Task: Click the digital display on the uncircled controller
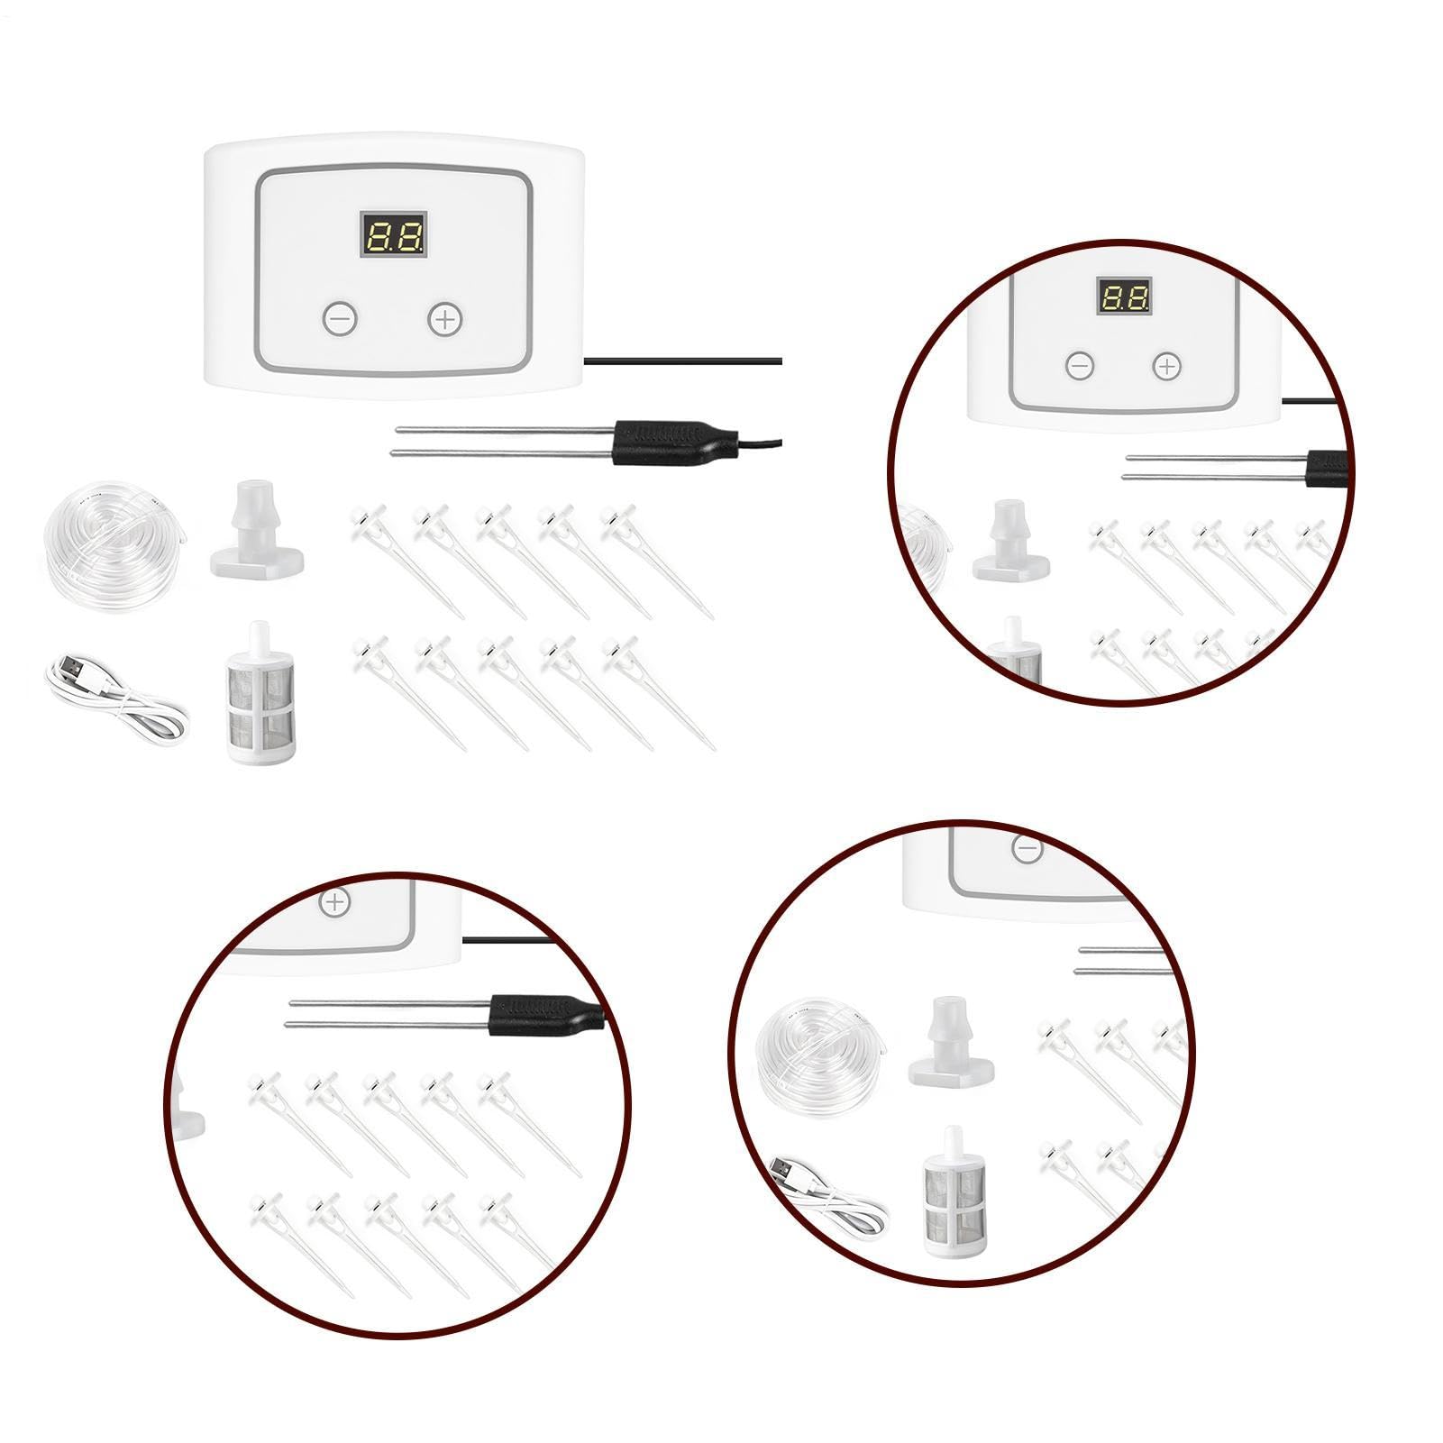(394, 237)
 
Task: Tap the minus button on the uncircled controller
(341, 319)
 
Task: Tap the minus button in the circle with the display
(1080, 366)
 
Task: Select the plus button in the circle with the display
(1167, 366)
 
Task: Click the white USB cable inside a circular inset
(829, 1200)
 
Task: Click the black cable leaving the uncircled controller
(683, 361)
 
